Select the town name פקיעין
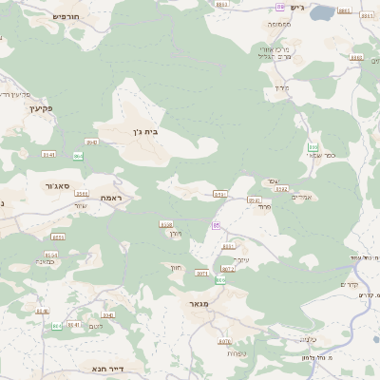pyautogui.click(x=33, y=109)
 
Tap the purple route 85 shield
pyautogui.click(x=216, y=225)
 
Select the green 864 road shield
pyautogui.click(x=78, y=156)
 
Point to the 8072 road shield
pyautogui.click(x=228, y=269)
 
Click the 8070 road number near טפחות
pyautogui.click(x=224, y=341)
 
